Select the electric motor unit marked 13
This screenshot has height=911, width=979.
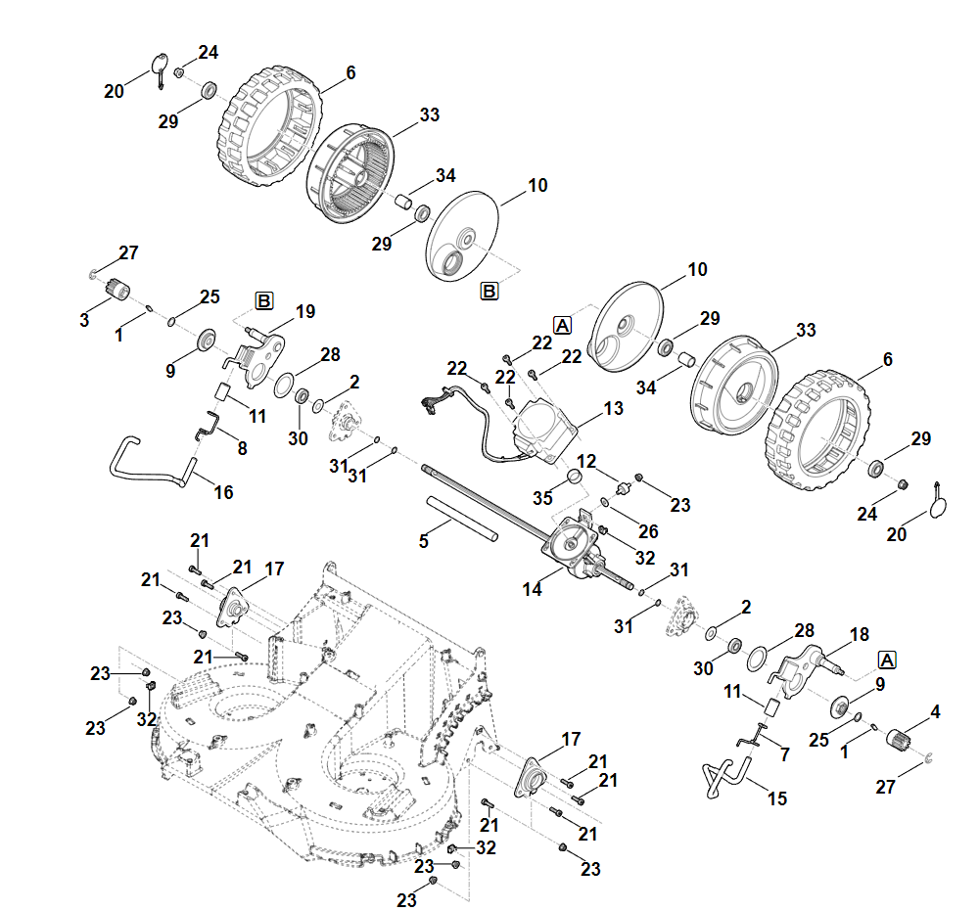542,432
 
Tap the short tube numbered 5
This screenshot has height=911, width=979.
462,519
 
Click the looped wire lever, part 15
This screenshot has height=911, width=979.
727,776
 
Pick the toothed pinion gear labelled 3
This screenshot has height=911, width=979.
117,289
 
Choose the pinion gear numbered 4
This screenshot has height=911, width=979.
899,739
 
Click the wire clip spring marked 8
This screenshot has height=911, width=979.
207,425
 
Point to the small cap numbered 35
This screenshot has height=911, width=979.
575,478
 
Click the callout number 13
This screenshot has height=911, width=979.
613,409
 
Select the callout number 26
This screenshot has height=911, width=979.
648,531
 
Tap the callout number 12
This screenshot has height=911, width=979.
586,462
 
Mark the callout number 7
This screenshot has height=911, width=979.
785,755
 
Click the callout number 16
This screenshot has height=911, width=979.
223,492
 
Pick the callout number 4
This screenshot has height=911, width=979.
935,712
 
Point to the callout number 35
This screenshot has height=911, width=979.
542,498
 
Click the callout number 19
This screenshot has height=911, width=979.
305,311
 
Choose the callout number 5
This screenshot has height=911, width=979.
423,541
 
